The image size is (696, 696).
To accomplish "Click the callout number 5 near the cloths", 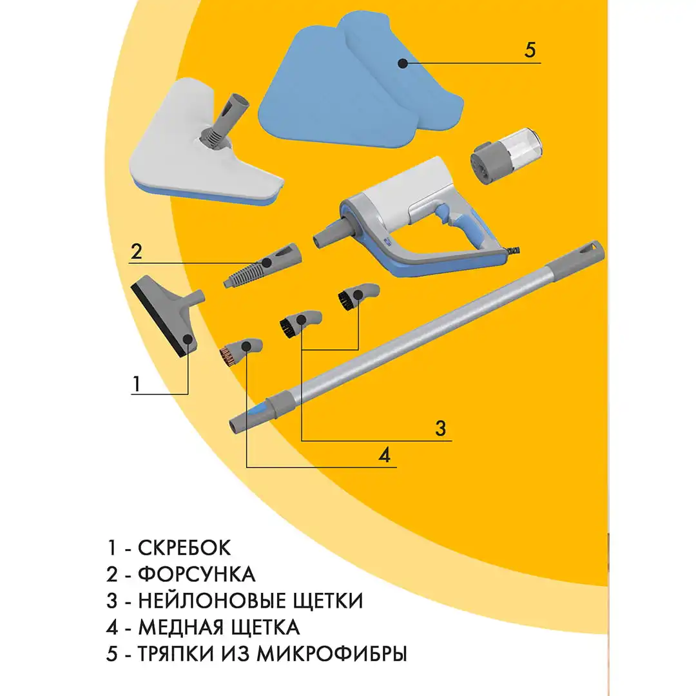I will [x=530, y=50].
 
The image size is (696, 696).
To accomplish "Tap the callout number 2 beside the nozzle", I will [x=135, y=251].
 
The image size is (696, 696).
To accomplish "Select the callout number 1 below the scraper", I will [x=135, y=383].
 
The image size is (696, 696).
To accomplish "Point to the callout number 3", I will [x=440, y=428].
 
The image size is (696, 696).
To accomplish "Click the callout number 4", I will [x=384, y=455].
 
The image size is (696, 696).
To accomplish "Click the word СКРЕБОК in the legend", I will [x=184, y=548].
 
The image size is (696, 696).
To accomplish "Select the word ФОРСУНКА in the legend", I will [x=197, y=574].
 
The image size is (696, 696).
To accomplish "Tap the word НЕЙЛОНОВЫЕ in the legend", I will [x=212, y=601].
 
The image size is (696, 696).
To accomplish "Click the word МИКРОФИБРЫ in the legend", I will [x=332, y=653].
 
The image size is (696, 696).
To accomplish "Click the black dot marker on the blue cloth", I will [x=402, y=63].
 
